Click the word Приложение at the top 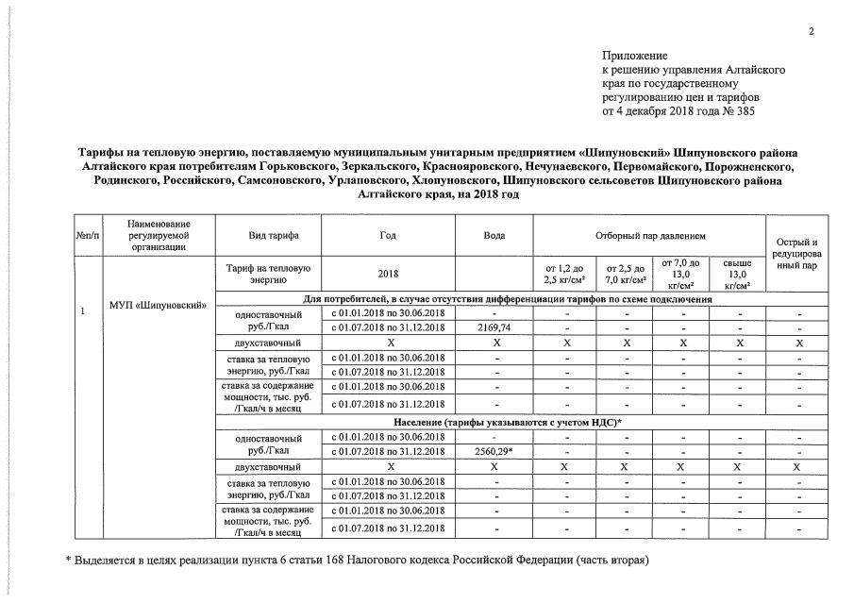coord(634,57)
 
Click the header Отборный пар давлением coord(650,234)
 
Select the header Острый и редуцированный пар coord(795,254)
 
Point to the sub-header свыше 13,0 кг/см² coord(738,274)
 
